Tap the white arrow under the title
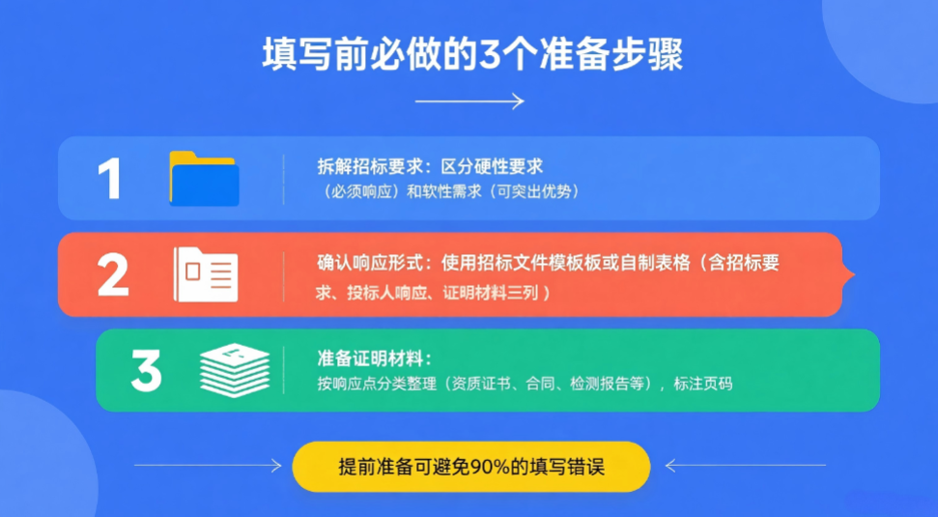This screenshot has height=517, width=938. coord(469,101)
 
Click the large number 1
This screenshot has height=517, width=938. coord(110,179)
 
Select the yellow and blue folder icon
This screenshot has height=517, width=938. coord(204,179)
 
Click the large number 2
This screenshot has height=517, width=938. coord(113,275)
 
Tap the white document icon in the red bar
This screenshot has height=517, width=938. coord(205,275)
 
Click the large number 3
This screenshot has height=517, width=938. coord(146,371)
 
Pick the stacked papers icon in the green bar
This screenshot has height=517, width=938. coord(235,371)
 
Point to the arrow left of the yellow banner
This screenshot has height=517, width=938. coord(207,467)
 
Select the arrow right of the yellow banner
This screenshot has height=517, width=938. coord(745,467)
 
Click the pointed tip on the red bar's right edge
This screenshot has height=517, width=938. coord(850,275)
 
